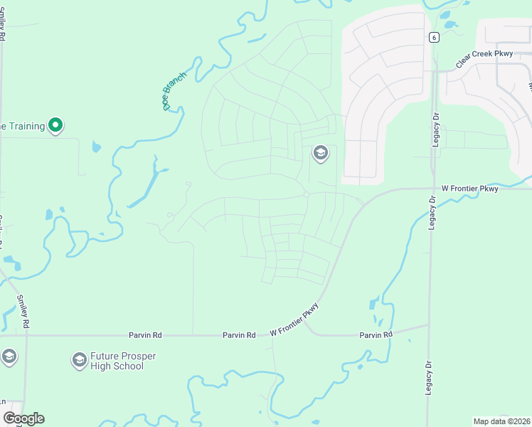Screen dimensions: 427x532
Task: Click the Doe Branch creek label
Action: (x=174, y=90)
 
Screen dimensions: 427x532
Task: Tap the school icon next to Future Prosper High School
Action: (x=79, y=361)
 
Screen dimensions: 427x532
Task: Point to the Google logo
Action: (x=23, y=418)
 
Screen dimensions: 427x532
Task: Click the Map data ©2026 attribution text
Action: (x=502, y=421)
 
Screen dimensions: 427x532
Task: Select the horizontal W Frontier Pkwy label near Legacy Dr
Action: (x=470, y=188)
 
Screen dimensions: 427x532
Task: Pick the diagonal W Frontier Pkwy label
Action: (x=294, y=320)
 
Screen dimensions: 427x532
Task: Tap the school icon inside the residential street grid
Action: (x=320, y=153)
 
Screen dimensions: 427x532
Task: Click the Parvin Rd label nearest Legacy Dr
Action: (x=376, y=334)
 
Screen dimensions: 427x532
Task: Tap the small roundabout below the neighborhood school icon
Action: (x=306, y=194)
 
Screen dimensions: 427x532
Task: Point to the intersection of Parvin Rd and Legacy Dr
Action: (x=429, y=325)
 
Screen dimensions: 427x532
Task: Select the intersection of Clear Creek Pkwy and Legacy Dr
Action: (x=433, y=70)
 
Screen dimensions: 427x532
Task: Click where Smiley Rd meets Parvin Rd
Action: (x=26, y=334)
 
